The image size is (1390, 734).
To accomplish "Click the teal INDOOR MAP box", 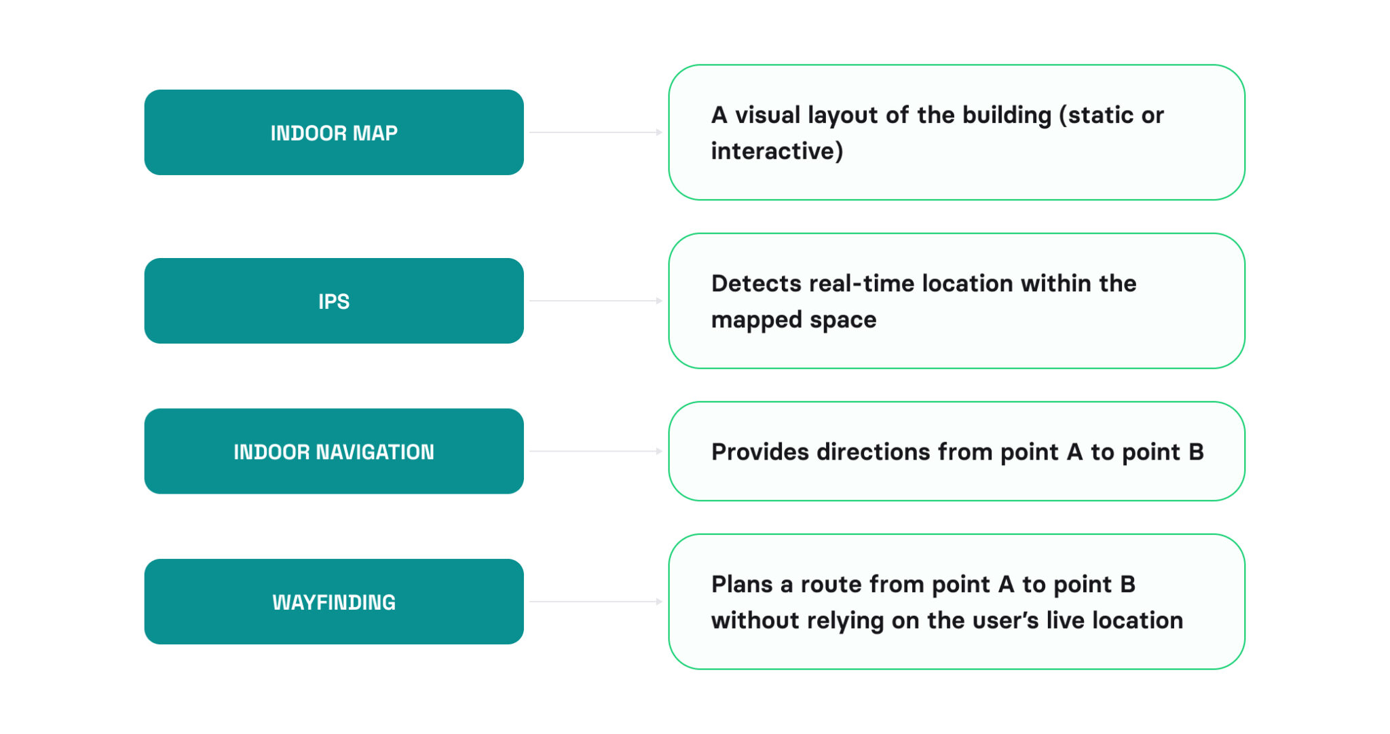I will click(333, 132).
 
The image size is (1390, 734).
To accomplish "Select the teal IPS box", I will click(333, 301).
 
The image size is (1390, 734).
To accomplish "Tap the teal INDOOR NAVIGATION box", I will click(333, 452).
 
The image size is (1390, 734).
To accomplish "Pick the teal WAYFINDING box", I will click(333, 602).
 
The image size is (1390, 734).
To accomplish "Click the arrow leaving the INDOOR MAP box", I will click(595, 132).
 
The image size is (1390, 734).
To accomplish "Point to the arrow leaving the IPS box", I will click(595, 301).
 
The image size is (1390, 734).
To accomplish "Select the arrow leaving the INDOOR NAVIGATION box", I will click(595, 451).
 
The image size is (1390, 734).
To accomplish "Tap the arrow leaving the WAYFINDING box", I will click(595, 602).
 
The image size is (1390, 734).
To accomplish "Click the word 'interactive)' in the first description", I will click(776, 151).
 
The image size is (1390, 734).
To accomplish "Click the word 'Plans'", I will click(742, 584).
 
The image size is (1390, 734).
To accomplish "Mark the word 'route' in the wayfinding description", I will click(831, 584).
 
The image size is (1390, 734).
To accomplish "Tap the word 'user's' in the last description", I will click(1004, 620).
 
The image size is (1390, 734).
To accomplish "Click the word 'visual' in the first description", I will click(768, 115).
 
